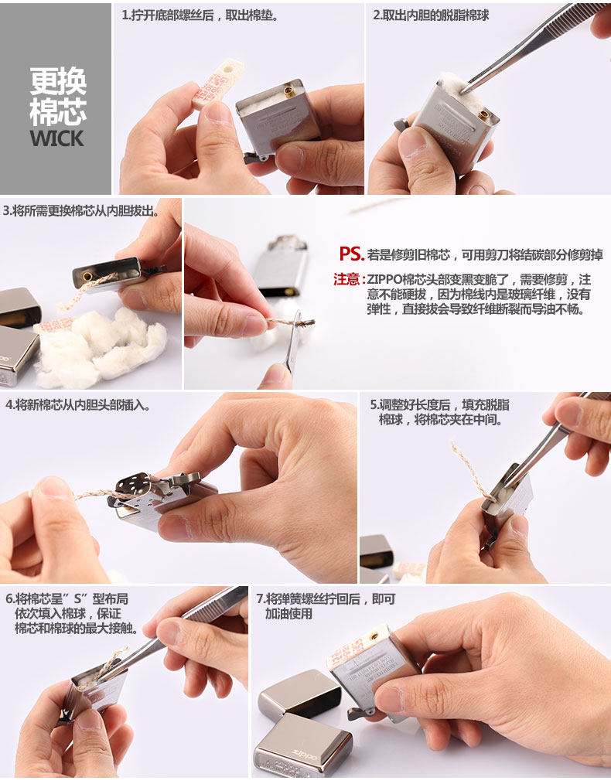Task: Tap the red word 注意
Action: point(346,279)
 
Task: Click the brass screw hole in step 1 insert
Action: point(290,91)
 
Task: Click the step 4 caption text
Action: point(77,404)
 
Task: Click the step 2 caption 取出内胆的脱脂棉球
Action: point(431,15)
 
